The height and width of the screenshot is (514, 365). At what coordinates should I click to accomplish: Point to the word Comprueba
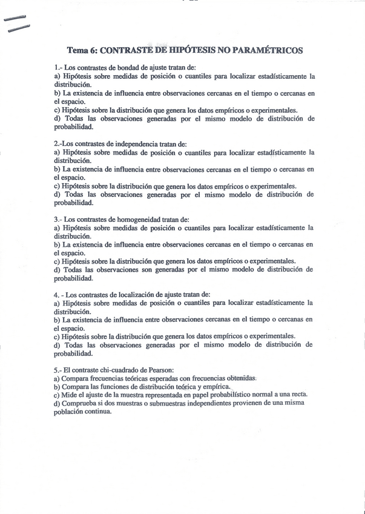83,403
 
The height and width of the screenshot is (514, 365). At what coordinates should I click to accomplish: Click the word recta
298,395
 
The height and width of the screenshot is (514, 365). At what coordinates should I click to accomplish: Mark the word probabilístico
228,395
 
